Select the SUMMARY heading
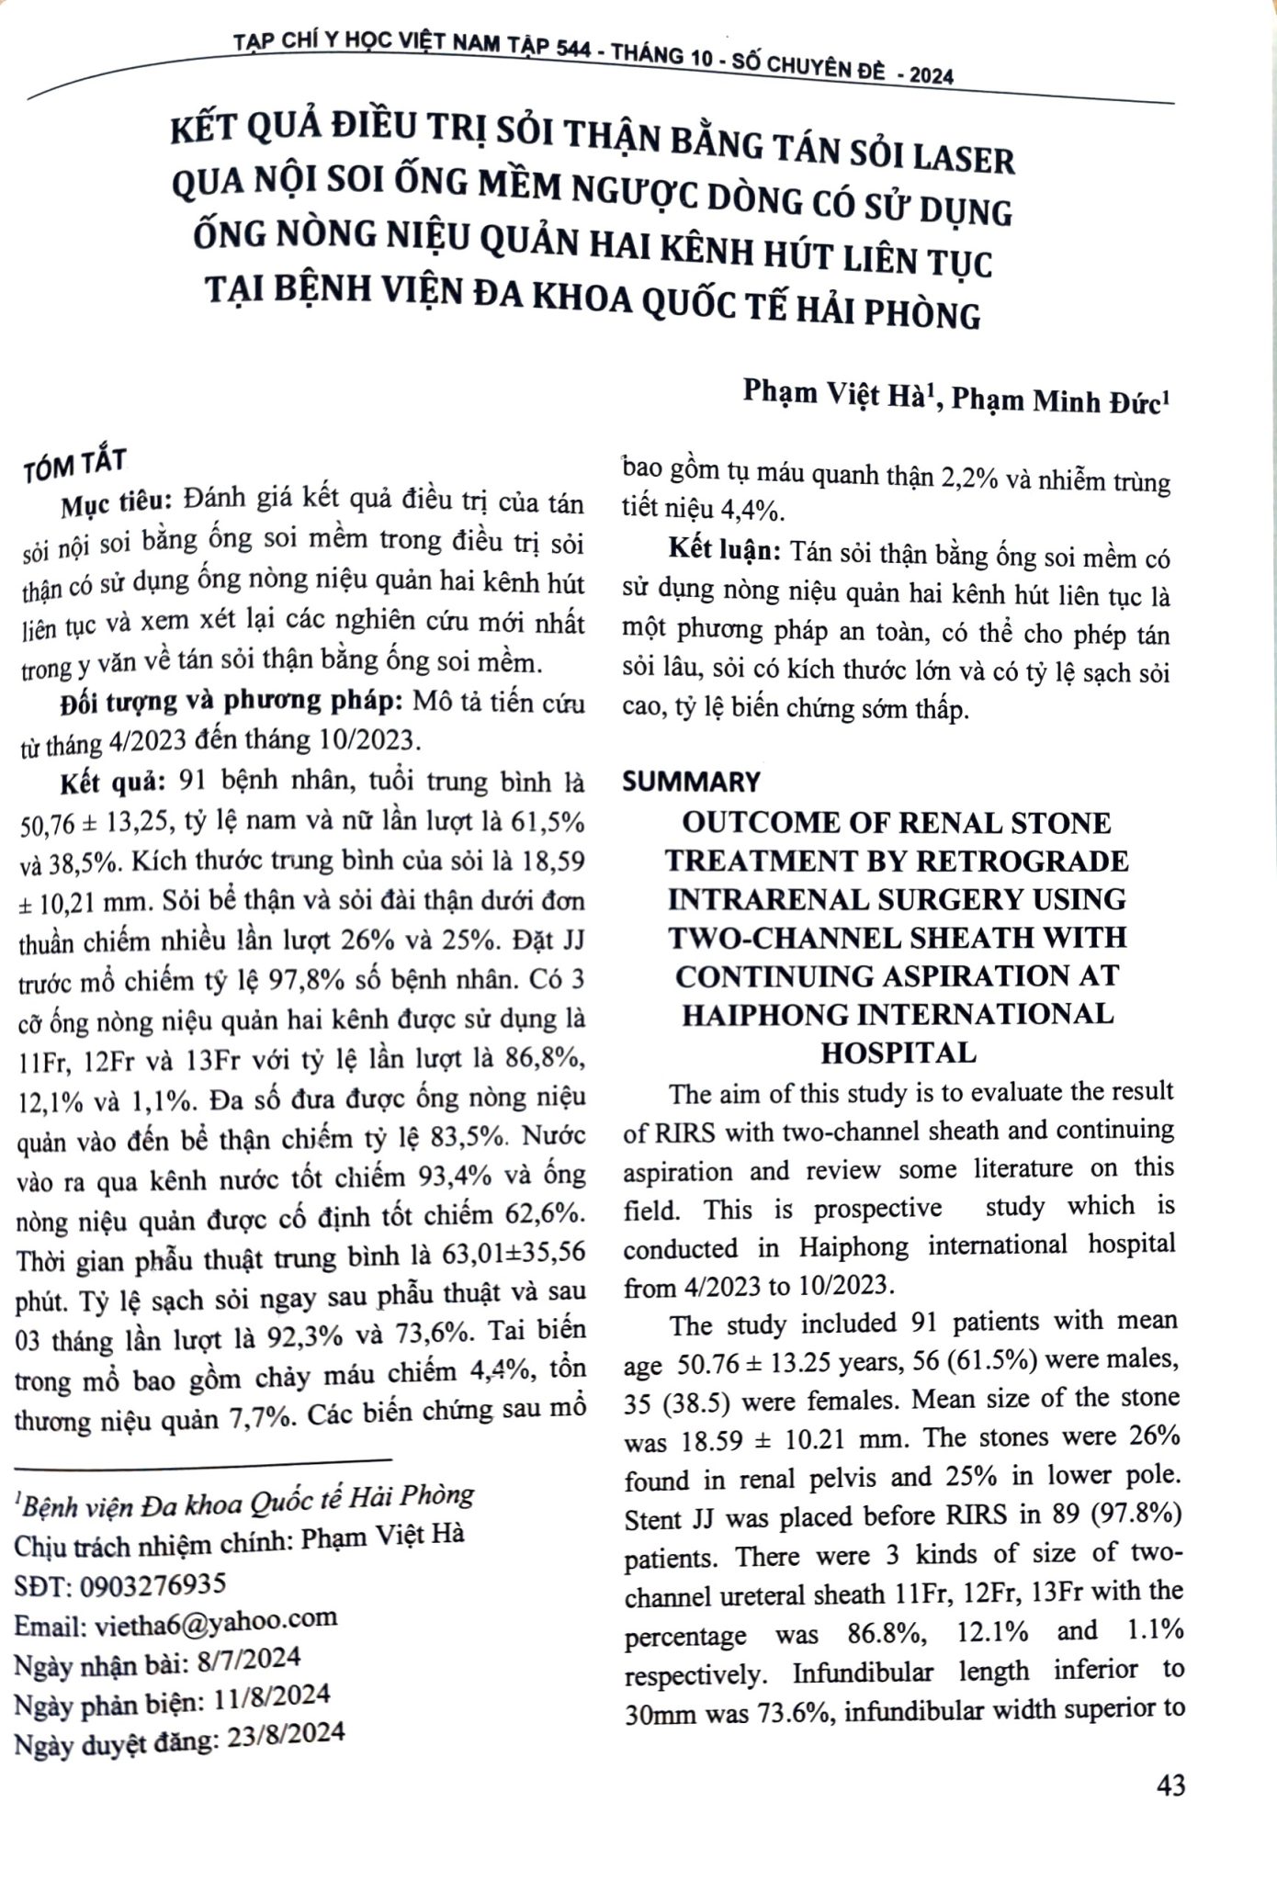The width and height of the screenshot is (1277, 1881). pyautogui.click(x=692, y=782)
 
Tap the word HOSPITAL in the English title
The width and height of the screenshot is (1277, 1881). pyautogui.click(x=898, y=1053)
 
